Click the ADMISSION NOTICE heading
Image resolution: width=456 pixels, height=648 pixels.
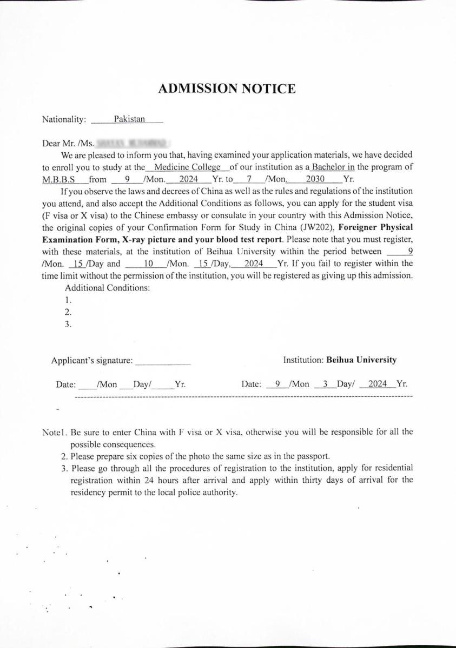tap(227, 89)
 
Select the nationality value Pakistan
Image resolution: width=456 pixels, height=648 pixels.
tap(129, 119)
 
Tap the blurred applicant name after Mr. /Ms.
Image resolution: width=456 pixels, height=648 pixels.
tap(131, 144)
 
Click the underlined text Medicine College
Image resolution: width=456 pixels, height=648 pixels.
tap(187, 167)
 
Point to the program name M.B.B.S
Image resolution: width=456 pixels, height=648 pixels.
tap(58, 179)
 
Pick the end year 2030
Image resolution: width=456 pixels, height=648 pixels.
tap(315, 179)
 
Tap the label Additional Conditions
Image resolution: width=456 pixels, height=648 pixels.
tap(107, 288)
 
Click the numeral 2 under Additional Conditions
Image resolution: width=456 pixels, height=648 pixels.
tap(68, 312)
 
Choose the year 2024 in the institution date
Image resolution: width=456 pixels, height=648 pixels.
tap(378, 384)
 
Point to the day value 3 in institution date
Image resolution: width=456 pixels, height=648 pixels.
tap(325, 384)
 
